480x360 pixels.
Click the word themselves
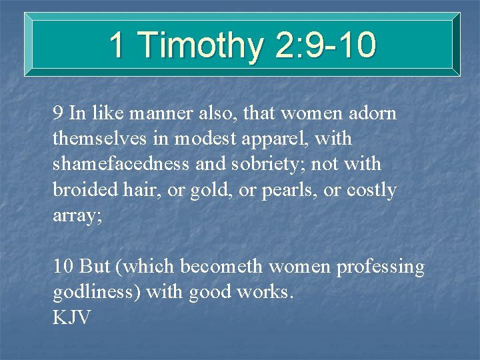coord(93,139)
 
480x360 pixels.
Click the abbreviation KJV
coord(71,317)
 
